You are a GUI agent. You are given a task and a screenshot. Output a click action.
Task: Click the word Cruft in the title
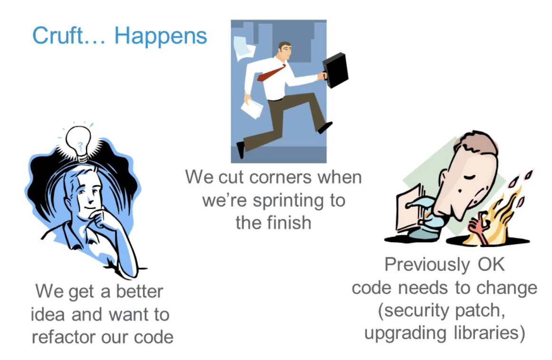point(58,36)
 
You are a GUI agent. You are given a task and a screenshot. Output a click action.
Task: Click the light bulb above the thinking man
point(79,142)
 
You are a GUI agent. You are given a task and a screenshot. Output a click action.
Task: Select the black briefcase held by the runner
point(335,70)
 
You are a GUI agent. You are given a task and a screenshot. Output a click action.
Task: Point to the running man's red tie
point(270,74)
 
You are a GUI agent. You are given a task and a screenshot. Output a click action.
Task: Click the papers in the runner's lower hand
point(252,108)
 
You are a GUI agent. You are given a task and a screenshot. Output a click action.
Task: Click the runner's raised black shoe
point(324,127)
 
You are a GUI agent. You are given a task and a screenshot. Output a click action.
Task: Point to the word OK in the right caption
point(491,264)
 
